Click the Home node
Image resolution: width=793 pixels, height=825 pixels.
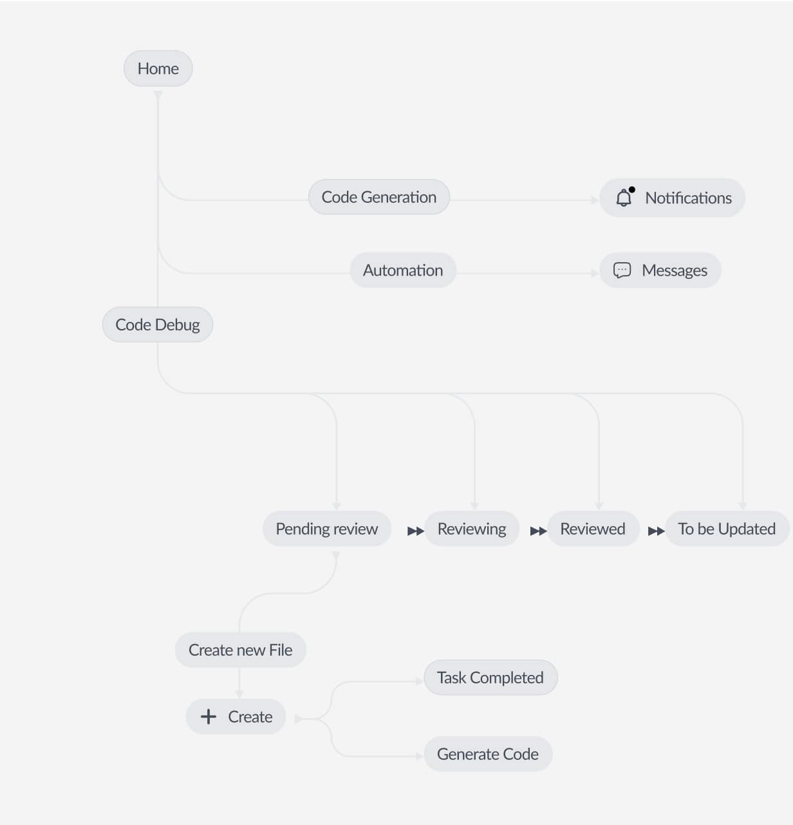158,68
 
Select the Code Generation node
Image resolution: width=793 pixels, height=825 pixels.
378,197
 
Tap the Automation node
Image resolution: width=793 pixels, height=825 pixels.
403,270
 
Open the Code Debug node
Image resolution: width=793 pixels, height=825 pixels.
158,325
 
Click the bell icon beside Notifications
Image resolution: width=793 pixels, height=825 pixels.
624,198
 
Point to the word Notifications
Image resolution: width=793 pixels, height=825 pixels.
688,198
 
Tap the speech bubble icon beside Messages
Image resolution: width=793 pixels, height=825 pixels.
622,270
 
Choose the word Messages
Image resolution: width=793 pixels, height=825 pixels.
674,270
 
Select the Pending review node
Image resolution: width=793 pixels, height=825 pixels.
326,529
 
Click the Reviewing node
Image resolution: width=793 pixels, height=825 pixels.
472,529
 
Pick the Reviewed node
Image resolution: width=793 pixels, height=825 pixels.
593,529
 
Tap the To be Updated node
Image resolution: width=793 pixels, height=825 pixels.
727,529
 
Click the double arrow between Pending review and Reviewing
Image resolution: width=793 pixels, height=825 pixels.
416,531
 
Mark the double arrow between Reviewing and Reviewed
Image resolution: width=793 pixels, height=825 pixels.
538,531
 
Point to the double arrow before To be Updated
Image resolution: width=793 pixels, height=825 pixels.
656,531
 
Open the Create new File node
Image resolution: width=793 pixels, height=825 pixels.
240,650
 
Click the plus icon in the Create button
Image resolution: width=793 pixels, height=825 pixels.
209,717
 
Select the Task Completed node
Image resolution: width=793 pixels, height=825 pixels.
490,678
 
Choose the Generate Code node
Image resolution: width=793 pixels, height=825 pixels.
488,754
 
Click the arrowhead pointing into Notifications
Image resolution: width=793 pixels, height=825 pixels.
595,200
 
